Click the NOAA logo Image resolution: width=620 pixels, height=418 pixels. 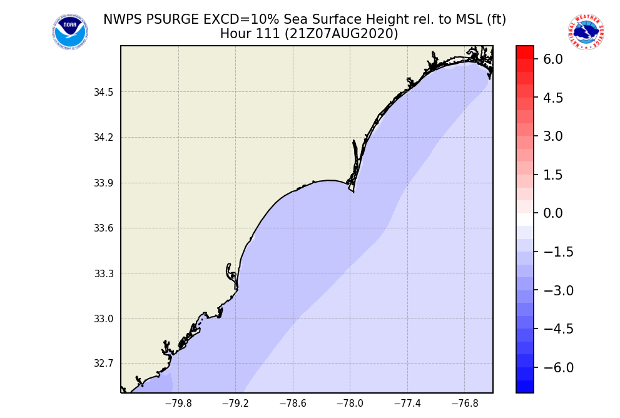point(70,33)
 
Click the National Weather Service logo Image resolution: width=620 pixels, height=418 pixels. point(586,32)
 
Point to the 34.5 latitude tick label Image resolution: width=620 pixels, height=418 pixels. point(104,93)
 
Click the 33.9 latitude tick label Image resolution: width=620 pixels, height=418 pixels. point(104,183)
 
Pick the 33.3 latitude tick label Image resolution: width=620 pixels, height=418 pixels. point(104,273)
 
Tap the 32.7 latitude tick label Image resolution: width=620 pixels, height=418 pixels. point(104,364)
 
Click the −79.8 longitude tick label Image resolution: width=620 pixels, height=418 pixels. point(178,404)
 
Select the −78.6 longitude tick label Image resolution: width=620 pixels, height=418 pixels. point(293,404)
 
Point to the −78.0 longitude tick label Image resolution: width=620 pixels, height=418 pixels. point(350,404)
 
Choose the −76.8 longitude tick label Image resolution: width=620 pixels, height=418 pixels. point(465,404)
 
